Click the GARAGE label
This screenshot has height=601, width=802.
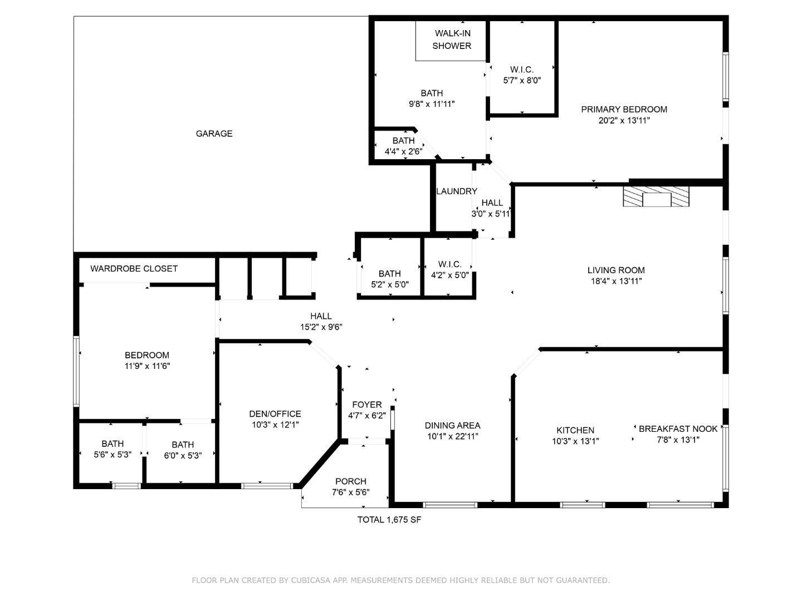[214, 134]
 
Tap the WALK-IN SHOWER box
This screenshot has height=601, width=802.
[451, 40]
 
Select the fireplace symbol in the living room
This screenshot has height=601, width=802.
[656, 196]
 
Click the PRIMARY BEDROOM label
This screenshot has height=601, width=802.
[624, 110]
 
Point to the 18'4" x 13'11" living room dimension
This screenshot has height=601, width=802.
[616, 282]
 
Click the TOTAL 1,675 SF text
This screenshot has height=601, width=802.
[389, 520]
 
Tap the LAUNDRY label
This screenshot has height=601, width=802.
[456, 191]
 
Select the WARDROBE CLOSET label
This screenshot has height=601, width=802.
[134, 269]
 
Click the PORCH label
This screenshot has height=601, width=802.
[350, 481]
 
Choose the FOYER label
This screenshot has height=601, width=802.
[367, 405]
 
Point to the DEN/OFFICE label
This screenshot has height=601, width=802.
[275, 414]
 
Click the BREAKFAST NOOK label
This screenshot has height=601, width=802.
[678, 429]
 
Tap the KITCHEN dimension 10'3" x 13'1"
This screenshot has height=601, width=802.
[575, 441]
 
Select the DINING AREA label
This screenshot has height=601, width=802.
[452, 426]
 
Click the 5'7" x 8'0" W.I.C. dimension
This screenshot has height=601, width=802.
[522, 80]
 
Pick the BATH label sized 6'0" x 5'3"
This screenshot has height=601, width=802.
[183, 445]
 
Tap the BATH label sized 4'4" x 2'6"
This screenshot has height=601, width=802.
[403, 141]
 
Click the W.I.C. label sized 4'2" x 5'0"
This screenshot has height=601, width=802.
[449, 264]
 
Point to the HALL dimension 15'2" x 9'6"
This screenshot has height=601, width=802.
[321, 327]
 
